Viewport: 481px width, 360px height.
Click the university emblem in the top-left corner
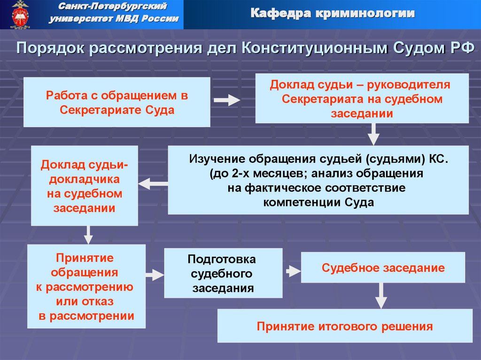(20, 14)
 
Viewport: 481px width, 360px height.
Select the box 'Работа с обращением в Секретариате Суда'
(117, 102)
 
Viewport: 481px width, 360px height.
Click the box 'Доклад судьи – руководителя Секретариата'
(362, 99)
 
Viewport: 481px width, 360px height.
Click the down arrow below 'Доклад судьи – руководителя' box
(373, 134)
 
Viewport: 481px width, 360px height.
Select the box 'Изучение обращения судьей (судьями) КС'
(318, 180)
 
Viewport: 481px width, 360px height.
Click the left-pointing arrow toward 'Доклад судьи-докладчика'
(153, 184)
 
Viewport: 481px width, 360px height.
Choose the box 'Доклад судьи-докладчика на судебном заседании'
(85, 186)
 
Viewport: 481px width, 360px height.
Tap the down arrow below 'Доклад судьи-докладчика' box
(88, 235)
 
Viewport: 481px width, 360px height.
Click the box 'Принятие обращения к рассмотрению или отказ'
(86, 287)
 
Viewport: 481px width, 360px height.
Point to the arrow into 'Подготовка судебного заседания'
(155, 275)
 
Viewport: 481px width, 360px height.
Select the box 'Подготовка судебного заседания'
(223, 273)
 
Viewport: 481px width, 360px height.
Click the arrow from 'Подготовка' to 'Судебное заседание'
(292, 271)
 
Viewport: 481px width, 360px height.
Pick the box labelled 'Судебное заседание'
(383, 268)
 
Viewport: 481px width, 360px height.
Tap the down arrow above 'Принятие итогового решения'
(382, 296)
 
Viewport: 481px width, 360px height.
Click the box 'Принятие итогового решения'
(345, 326)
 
